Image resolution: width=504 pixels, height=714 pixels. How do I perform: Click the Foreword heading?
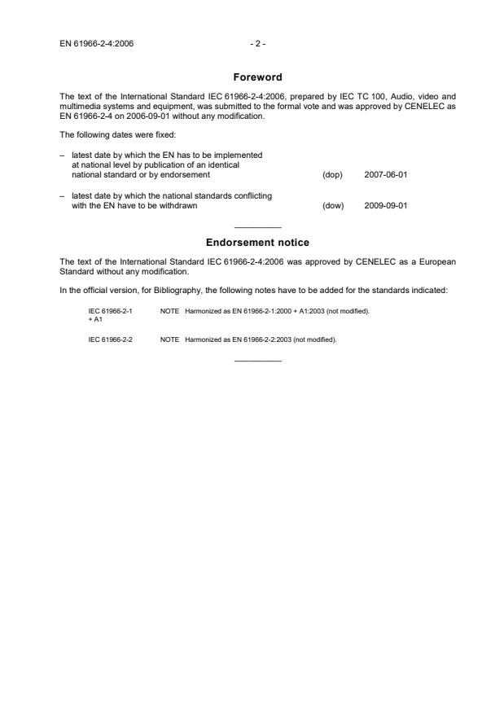point(257,78)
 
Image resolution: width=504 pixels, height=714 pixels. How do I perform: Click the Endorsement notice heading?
point(257,243)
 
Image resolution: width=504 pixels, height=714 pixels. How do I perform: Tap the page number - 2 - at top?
point(257,43)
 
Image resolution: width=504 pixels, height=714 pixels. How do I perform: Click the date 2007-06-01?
point(386,175)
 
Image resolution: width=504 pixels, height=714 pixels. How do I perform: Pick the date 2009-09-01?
point(386,205)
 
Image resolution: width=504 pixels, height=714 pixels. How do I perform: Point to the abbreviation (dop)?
point(332,175)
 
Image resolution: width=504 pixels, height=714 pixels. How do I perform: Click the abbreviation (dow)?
point(333,205)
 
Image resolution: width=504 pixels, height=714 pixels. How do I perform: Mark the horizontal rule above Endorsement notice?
point(257,227)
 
